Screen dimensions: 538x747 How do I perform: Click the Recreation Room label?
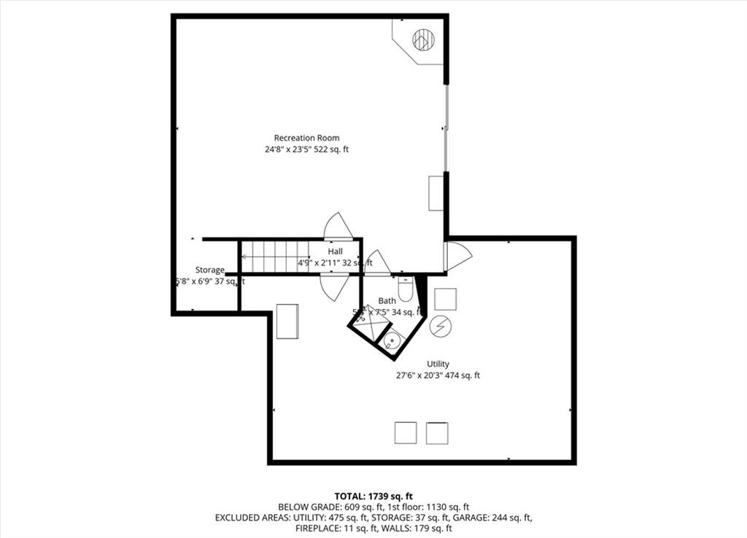[x=306, y=138]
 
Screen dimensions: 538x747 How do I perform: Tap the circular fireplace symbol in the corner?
[x=423, y=39]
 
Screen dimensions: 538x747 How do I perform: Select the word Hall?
[x=335, y=252]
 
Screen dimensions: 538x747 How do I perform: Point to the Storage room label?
[x=209, y=270]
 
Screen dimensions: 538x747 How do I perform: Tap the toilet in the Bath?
[x=406, y=289]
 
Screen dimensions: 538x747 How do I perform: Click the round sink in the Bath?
[x=392, y=339]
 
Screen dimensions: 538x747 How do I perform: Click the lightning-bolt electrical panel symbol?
[x=440, y=327]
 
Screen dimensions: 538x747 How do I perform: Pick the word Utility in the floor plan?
[x=438, y=364]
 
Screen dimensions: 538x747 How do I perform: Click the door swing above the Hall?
[x=338, y=225]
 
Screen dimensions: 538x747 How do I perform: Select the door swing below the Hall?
[x=334, y=286]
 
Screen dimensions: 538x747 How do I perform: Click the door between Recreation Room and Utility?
[x=457, y=255]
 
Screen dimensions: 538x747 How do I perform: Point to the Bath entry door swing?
[x=378, y=263]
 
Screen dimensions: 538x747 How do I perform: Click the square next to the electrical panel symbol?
[x=445, y=299]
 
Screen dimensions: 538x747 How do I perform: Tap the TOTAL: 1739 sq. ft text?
[x=373, y=496]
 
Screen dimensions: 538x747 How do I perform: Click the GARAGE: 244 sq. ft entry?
[x=503, y=518]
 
